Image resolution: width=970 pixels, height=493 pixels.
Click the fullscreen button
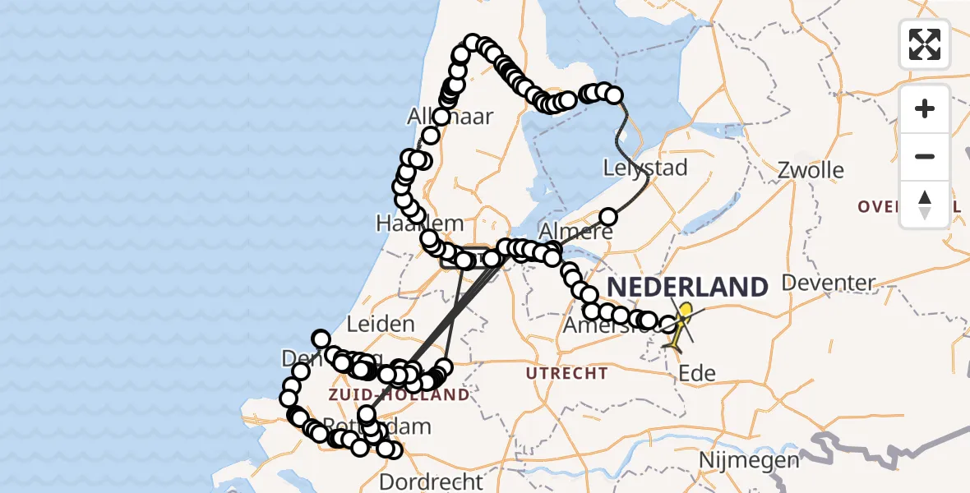(x=925, y=44)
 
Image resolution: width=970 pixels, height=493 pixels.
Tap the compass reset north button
(x=925, y=205)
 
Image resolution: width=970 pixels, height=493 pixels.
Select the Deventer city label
(x=828, y=283)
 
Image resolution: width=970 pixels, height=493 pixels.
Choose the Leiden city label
(x=381, y=324)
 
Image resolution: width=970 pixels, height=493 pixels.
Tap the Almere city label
(x=575, y=231)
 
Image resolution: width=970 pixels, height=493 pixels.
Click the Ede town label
(x=697, y=374)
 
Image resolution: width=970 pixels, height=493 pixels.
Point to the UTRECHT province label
(x=567, y=374)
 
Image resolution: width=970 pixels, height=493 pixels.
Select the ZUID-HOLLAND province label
(x=399, y=395)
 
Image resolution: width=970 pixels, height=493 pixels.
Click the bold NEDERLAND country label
(x=687, y=288)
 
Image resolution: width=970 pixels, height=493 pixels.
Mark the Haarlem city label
(x=419, y=223)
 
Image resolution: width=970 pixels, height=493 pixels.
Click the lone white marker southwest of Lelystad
(x=608, y=217)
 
